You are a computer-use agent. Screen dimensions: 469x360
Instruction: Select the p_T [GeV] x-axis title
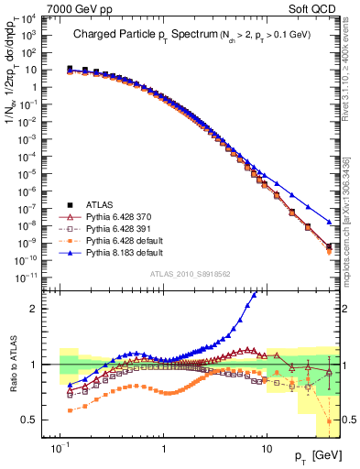[311, 454]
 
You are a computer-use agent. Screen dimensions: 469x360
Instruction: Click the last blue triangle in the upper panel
[330, 222]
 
